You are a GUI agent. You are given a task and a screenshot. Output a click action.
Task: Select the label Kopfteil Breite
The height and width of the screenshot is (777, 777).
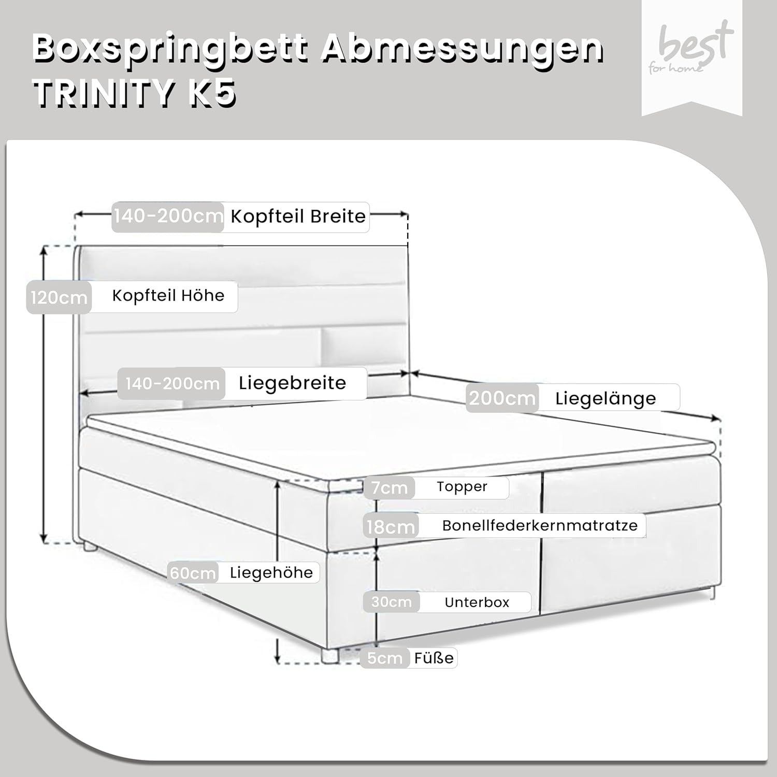click(x=298, y=217)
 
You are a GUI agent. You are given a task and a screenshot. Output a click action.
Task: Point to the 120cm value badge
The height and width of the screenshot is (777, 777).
click(x=59, y=298)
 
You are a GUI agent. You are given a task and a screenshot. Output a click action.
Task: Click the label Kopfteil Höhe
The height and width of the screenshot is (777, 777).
click(x=168, y=296)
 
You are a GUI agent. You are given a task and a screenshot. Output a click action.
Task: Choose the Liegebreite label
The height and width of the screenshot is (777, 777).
click(x=292, y=383)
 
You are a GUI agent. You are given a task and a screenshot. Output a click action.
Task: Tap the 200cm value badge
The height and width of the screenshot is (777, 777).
click(x=502, y=398)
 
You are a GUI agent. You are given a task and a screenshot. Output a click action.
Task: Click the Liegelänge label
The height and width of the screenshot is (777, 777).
click(x=606, y=398)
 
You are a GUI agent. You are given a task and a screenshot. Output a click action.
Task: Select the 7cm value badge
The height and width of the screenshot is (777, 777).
click(x=389, y=488)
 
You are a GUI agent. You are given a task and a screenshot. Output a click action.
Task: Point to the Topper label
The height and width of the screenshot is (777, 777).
click(x=462, y=486)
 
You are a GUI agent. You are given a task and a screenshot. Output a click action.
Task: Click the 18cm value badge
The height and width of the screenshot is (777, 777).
click(x=391, y=527)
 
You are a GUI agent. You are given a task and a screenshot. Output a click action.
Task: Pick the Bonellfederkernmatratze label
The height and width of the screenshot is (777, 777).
click(x=540, y=525)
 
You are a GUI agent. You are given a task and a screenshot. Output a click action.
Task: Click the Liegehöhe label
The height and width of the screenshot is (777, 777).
click(x=271, y=573)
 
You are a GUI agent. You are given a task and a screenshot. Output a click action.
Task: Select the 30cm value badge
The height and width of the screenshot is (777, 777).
click(x=392, y=602)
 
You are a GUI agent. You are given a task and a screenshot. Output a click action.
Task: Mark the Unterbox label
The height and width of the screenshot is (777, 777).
click(x=477, y=602)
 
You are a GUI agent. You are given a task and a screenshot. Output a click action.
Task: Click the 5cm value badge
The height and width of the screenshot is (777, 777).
click(x=384, y=658)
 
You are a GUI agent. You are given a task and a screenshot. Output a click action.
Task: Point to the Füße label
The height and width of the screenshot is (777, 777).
click(x=434, y=658)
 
